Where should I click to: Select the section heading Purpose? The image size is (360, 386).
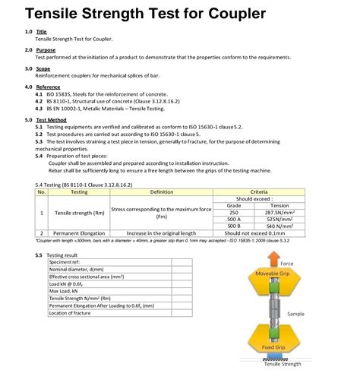(46, 50)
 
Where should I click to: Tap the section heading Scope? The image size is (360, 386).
(43, 68)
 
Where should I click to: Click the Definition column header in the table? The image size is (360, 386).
(161, 191)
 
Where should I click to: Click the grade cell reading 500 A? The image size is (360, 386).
(234, 219)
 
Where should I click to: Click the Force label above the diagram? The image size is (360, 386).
(286, 263)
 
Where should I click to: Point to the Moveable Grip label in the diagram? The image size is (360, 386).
(272, 272)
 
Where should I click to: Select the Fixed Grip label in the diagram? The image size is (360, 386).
(273, 347)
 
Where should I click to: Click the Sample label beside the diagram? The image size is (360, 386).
(295, 312)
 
